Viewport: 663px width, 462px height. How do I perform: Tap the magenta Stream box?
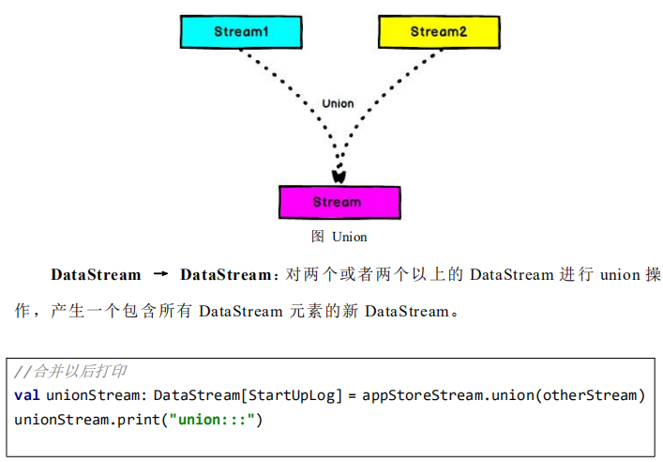pyautogui.click(x=339, y=202)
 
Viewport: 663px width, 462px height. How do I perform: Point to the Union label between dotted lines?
pyautogui.click(x=338, y=103)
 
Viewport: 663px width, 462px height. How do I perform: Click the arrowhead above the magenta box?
pyautogui.click(x=339, y=175)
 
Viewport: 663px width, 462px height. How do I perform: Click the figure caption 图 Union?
pyautogui.click(x=339, y=237)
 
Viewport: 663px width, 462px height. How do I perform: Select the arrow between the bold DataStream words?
pyautogui.click(x=160, y=275)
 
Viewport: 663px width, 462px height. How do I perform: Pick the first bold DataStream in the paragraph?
pyautogui.click(x=96, y=275)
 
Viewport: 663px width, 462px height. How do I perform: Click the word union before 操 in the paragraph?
pyautogui.click(x=619, y=275)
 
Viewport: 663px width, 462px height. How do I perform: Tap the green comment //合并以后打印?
pyautogui.click(x=70, y=372)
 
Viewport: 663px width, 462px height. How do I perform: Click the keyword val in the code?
pyautogui.click(x=27, y=394)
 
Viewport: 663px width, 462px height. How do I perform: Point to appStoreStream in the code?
pyautogui.click(x=421, y=394)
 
